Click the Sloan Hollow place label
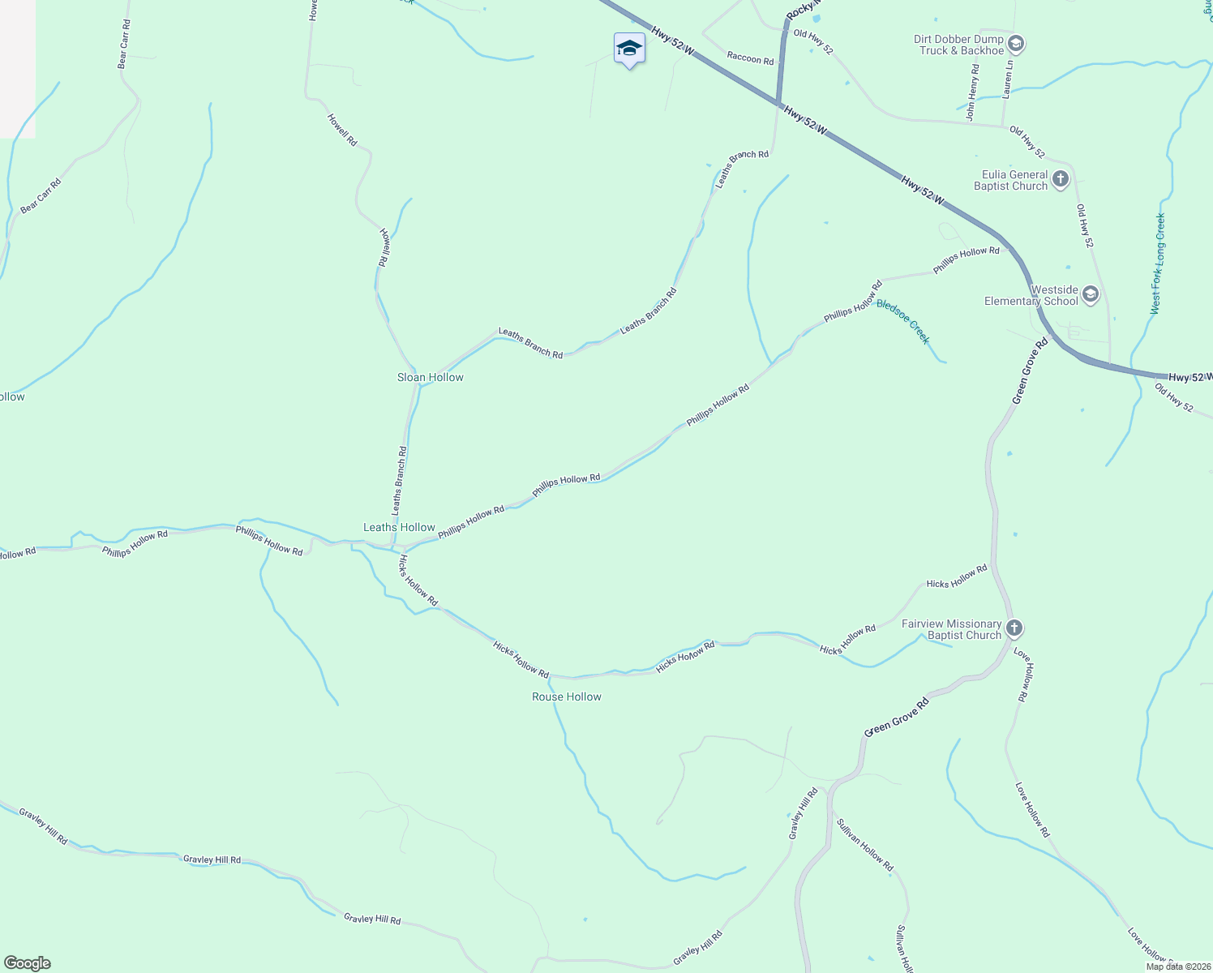tap(430, 377)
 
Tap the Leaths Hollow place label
tap(399, 527)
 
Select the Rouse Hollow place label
tap(567, 697)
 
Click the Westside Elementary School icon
tap(1091, 294)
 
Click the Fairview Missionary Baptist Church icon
tap(1014, 628)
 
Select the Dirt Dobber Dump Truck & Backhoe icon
tap(1016, 44)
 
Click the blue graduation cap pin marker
tap(629, 49)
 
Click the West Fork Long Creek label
tap(1157, 264)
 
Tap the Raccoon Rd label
tap(750, 58)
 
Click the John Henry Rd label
tap(972, 93)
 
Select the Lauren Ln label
tap(1008, 79)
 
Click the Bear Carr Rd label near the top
tap(124, 44)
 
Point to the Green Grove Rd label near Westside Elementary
tap(1030, 371)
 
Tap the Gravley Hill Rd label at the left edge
tap(44, 826)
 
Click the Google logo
tap(27, 963)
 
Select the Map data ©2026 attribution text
tap(1177, 967)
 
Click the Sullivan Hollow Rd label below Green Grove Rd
tap(864, 844)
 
